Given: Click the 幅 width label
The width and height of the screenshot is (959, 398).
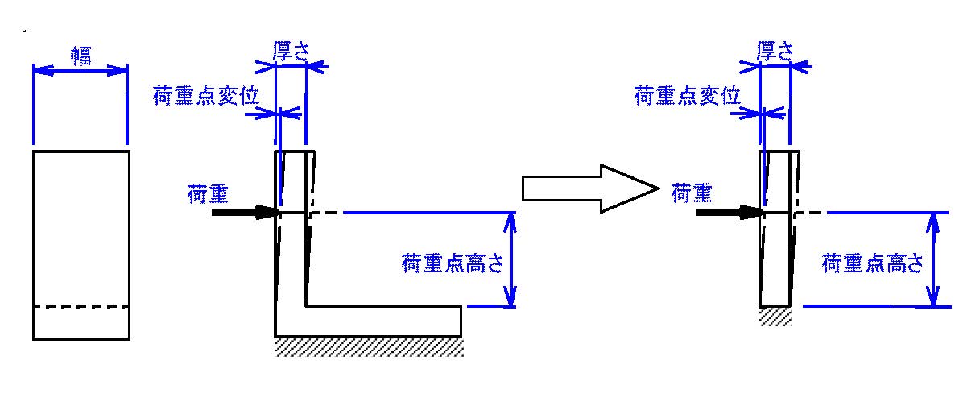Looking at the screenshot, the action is (81, 57).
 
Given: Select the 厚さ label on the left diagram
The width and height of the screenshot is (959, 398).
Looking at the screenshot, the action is (291, 52).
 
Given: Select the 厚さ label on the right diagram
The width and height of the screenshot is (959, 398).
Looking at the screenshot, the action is (775, 52).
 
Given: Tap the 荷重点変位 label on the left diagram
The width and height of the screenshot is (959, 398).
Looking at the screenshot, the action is (206, 97).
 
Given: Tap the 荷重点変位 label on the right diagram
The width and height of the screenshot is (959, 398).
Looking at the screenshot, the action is (688, 96).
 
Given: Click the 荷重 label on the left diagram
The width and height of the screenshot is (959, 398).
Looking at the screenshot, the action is (208, 195).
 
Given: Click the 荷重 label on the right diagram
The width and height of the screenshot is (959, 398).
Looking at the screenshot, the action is (692, 195).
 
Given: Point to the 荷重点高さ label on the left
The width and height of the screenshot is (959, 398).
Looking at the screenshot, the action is (453, 263).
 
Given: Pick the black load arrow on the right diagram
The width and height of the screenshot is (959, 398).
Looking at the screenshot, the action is (729, 213).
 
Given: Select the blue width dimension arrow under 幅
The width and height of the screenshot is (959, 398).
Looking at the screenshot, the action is (81, 71).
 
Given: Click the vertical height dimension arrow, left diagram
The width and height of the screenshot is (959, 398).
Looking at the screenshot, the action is (510, 259).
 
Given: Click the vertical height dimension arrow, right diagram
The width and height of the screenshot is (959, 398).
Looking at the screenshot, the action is (932, 259).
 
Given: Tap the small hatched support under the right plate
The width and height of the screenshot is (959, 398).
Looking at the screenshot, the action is (776, 317).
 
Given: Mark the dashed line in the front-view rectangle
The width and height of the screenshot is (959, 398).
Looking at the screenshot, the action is (81, 306).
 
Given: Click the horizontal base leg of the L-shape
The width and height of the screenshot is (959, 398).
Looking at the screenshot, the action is (368, 321).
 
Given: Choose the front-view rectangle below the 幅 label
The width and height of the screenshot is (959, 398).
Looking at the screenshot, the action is (81, 244).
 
